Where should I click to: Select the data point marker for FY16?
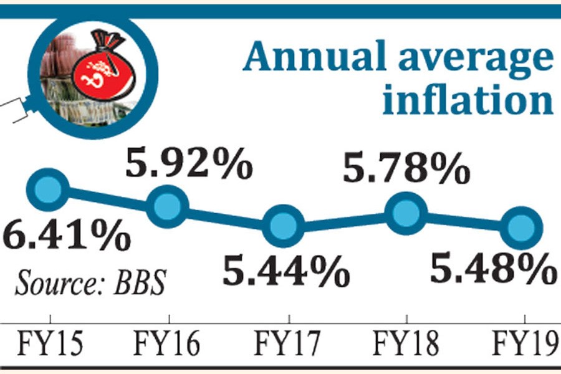[x=167, y=206]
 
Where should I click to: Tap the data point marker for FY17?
[x=284, y=227]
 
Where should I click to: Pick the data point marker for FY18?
[x=406, y=213]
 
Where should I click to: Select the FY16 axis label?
[x=166, y=343]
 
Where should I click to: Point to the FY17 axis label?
[x=287, y=343]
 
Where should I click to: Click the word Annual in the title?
[x=317, y=57]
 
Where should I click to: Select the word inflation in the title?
[x=467, y=100]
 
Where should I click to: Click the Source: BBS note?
[x=91, y=282]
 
